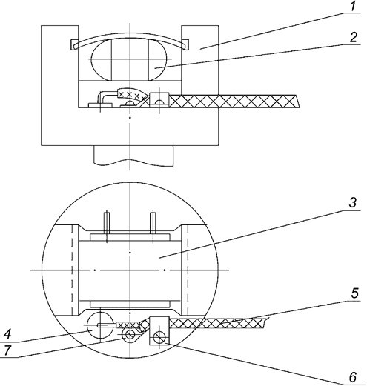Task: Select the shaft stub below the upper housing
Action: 130,155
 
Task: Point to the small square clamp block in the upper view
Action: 157,98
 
